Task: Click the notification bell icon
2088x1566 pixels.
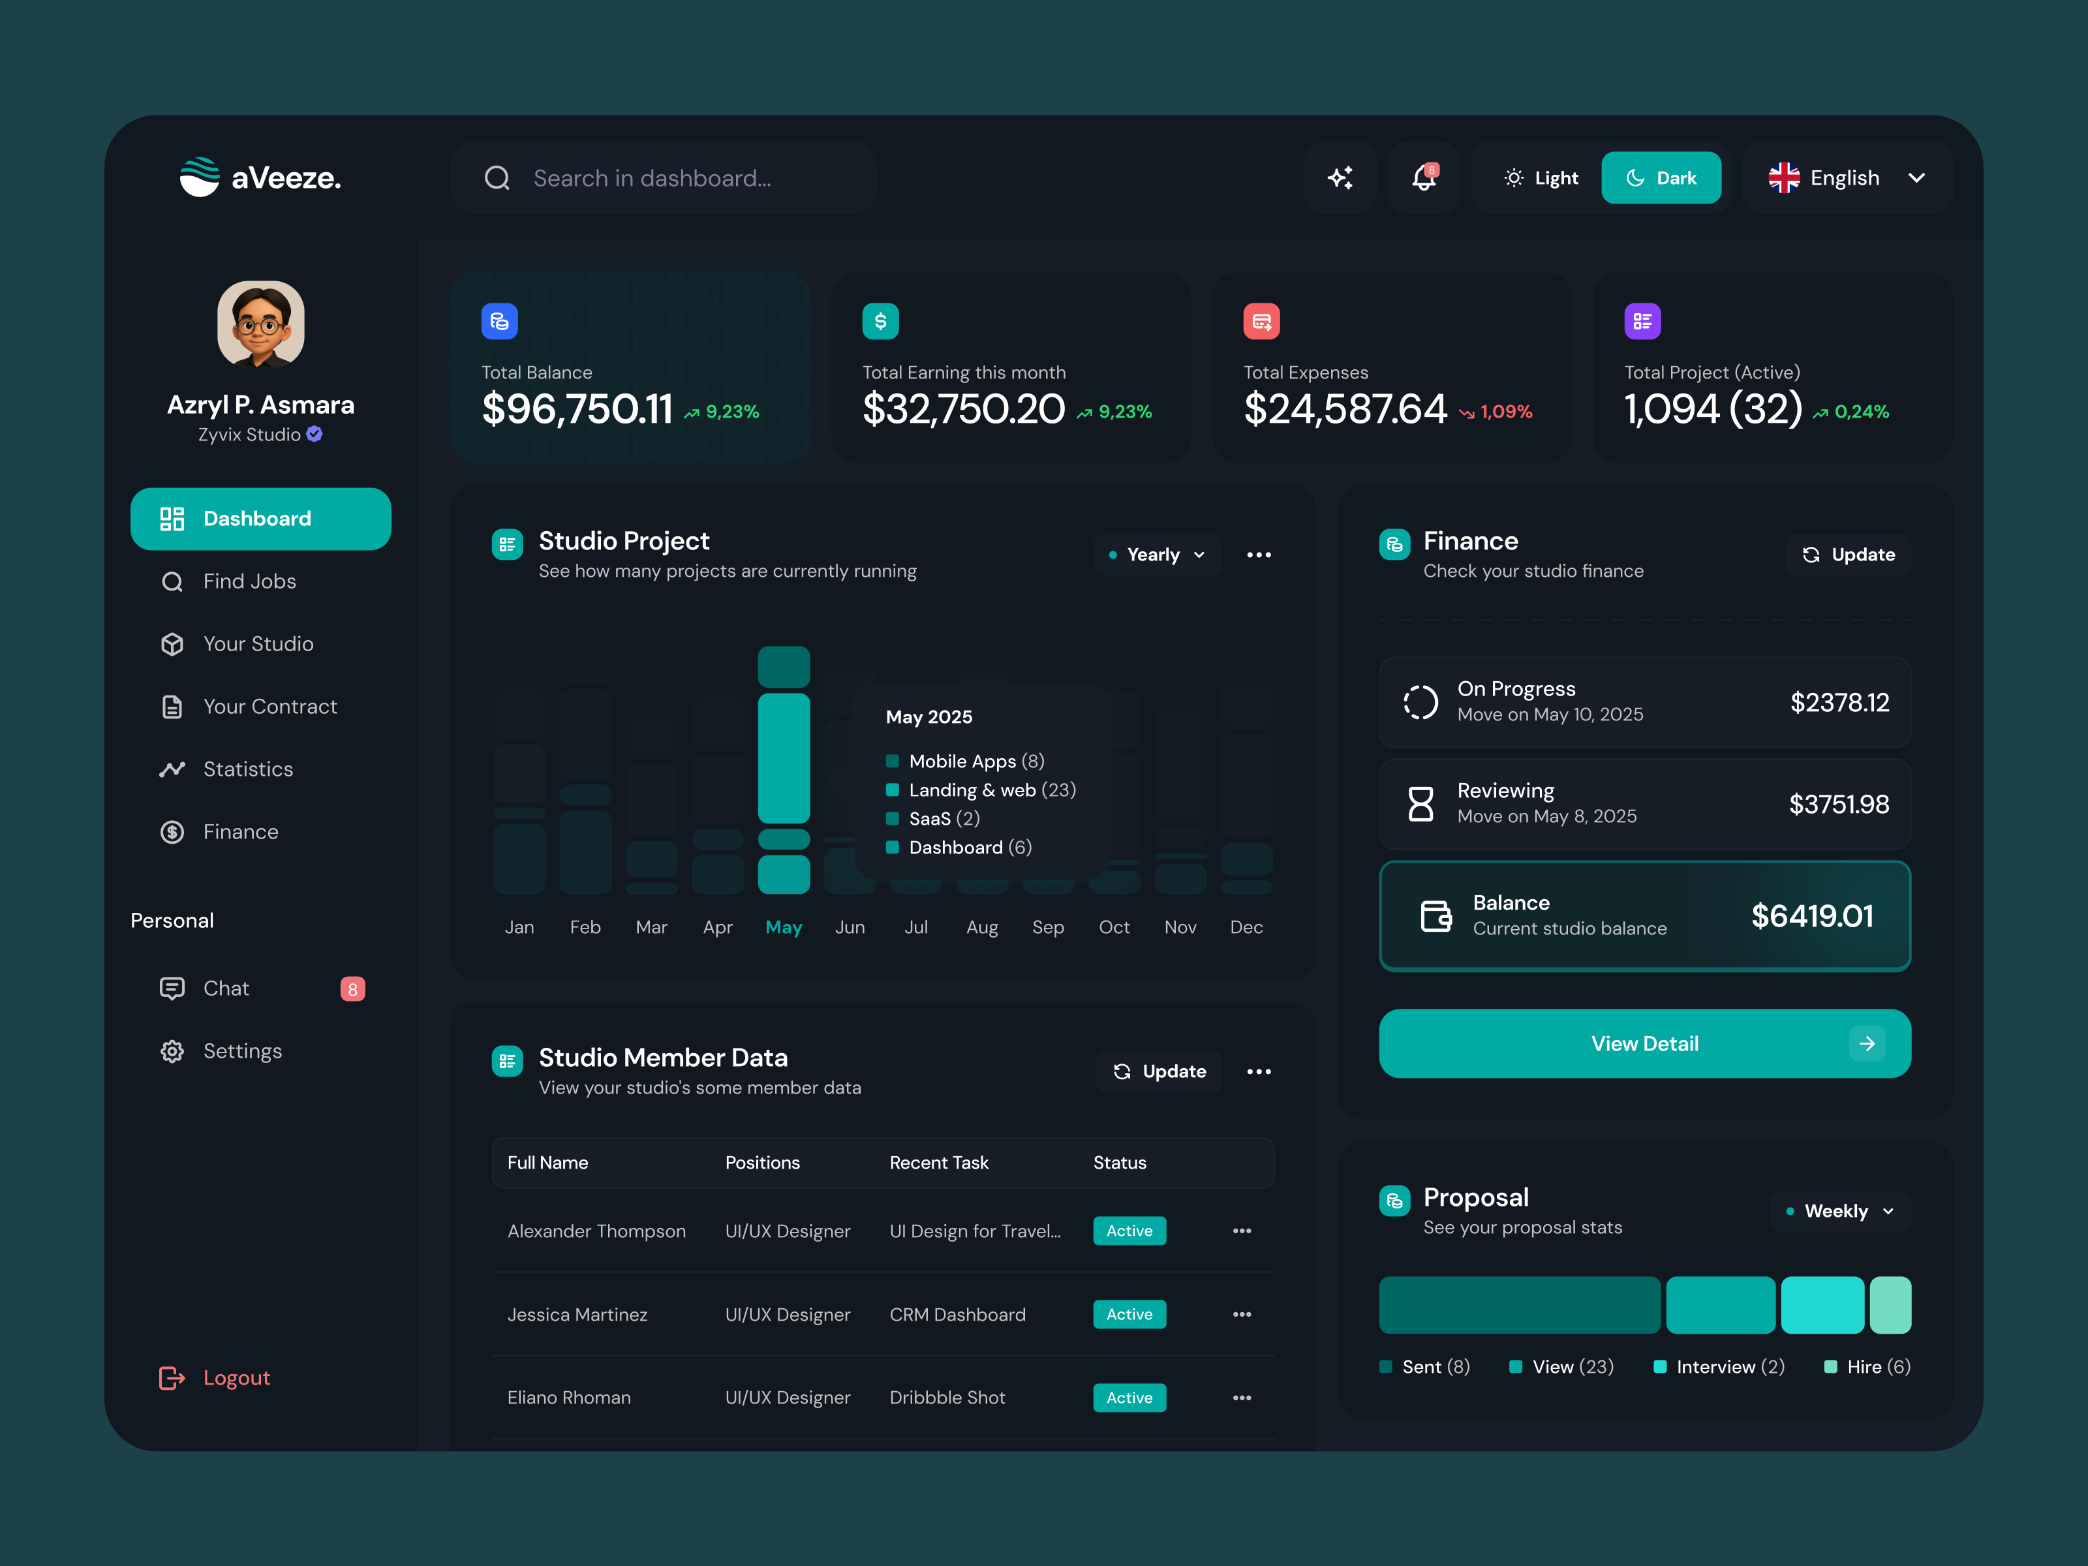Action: coord(1424,177)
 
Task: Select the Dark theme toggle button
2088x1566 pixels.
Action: coord(1661,177)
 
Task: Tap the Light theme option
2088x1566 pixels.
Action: coord(1541,177)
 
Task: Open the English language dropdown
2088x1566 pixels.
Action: coord(1847,177)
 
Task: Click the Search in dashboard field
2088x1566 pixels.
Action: coord(664,177)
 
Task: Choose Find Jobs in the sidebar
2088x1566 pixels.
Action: coord(249,581)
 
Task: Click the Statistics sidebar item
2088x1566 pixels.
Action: coord(247,769)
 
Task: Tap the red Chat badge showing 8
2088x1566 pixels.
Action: coord(352,989)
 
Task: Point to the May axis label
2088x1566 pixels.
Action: coord(784,927)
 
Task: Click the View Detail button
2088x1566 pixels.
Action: coord(1644,1043)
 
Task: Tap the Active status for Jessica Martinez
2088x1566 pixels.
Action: coord(1129,1314)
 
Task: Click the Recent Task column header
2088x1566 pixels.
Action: coord(938,1163)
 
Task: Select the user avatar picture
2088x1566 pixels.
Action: coord(260,324)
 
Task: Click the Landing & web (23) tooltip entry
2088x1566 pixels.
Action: coord(991,790)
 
